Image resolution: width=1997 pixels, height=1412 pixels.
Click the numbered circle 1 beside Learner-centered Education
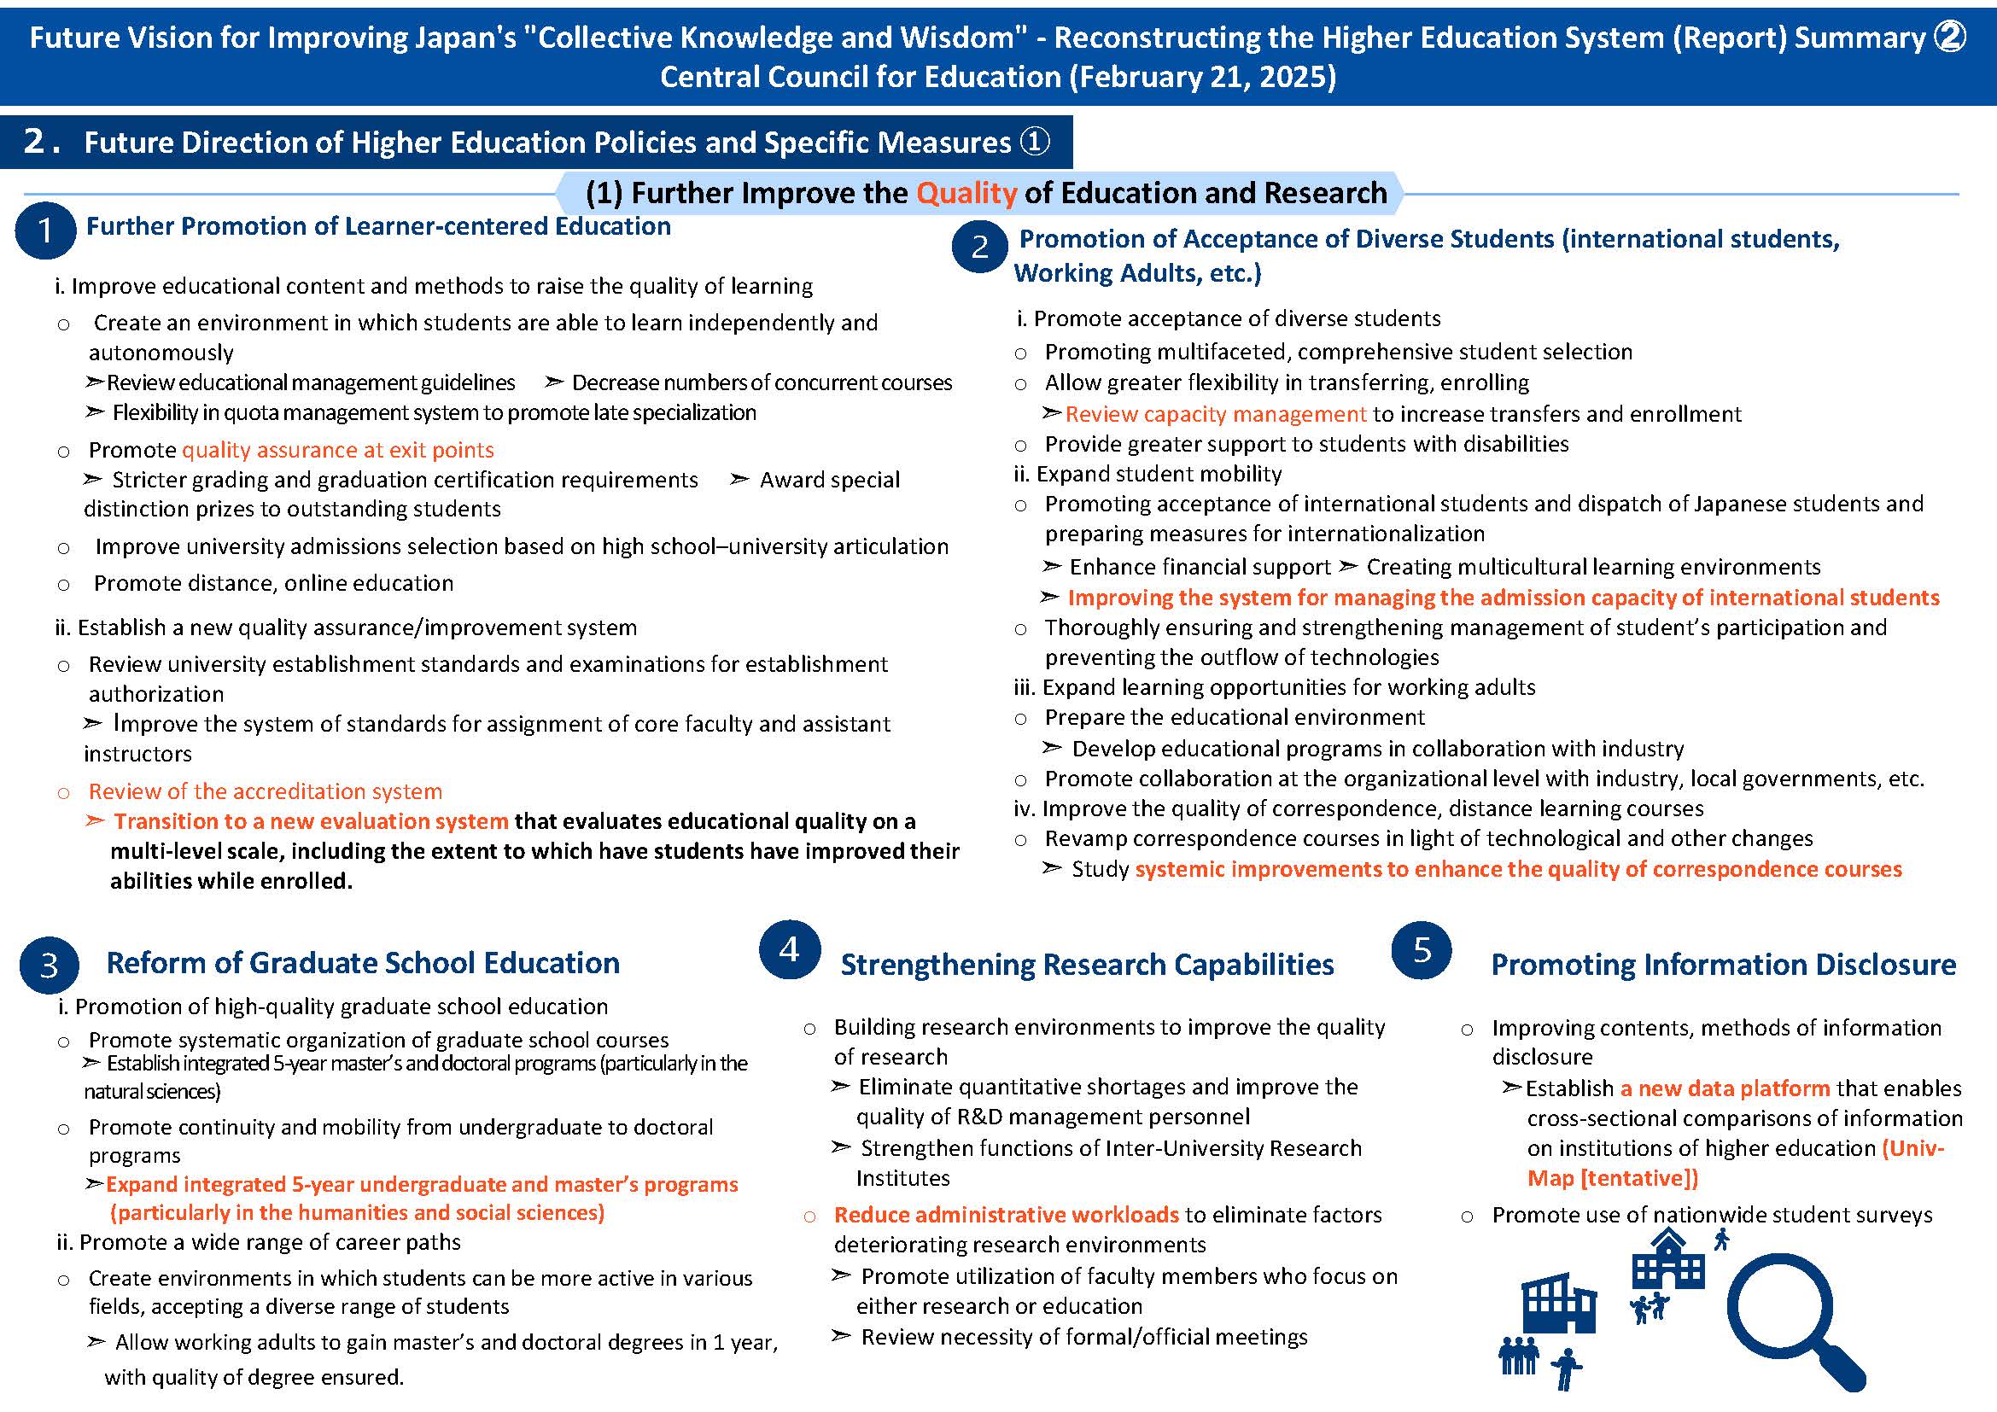(x=44, y=230)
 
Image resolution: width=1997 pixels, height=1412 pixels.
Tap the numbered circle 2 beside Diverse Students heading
(x=979, y=247)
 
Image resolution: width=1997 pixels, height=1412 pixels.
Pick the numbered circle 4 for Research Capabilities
(x=789, y=948)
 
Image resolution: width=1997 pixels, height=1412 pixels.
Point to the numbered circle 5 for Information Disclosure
(x=1422, y=950)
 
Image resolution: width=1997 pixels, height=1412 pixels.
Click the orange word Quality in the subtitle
(x=966, y=192)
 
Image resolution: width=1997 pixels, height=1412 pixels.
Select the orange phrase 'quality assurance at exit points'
(x=337, y=450)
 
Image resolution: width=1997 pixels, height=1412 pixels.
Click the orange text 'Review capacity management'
(x=1216, y=414)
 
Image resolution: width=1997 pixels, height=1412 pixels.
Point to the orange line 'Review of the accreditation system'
(x=266, y=791)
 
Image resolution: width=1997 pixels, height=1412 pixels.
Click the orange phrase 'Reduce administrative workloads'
(x=1007, y=1214)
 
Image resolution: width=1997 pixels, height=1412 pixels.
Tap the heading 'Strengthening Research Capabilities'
(x=1087, y=964)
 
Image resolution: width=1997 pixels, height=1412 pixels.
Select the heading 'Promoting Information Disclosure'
(x=1723, y=964)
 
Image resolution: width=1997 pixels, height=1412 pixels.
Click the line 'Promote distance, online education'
(x=273, y=582)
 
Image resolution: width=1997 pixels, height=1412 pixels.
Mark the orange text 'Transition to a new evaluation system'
(x=311, y=820)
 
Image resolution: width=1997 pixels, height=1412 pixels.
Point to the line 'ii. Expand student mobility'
(x=1147, y=474)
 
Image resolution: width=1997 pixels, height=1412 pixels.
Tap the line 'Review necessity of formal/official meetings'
(x=1083, y=1336)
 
